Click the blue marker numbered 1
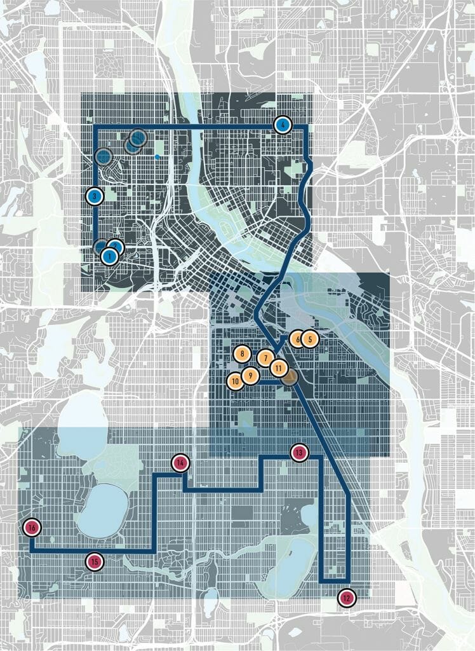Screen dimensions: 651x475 tap(109, 256)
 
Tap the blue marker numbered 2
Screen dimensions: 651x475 tap(115, 247)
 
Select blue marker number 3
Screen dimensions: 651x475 tap(94, 196)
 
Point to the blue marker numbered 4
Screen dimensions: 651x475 tap(282, 125)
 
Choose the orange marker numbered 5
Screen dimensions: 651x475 tap(309, 339)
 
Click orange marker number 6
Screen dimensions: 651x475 tap(297, 339)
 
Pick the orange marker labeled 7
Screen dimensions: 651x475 tap(265, 358)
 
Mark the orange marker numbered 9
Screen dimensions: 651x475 tap(250, 376)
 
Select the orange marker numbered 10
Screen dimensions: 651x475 tap(235, 381)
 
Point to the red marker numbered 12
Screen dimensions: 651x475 tap(346, 598)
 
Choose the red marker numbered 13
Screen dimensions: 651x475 tap(299, 453)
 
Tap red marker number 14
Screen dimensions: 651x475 tap(180, 463)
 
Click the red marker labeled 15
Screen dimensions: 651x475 tap(95, 561)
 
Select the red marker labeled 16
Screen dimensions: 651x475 tap(31, 527)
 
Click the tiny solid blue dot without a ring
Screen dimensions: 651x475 tap(157, 156)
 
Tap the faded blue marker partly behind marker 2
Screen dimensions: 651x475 tap(100, 247)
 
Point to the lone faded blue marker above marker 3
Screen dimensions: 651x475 tap(103, 156)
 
